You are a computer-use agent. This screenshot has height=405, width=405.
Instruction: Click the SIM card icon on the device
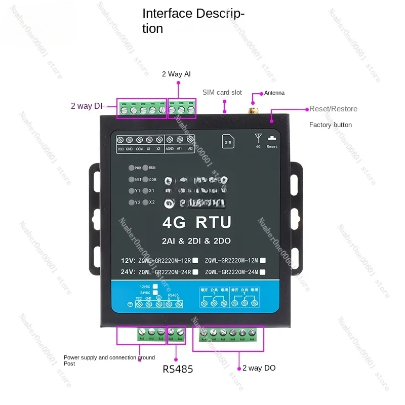[228, 142]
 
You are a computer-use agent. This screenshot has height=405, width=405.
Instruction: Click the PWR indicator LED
[131, 168]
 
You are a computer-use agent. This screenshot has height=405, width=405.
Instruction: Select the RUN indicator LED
[145, 168]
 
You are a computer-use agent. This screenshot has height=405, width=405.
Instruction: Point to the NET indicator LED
[131, 179]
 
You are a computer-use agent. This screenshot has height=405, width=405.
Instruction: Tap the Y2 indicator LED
[131, 202]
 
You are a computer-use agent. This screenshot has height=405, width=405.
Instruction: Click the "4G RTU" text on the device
[197, 222]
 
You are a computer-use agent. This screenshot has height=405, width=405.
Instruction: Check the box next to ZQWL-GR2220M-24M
[263, 272]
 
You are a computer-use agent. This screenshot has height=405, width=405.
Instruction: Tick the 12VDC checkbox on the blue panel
[155, 287]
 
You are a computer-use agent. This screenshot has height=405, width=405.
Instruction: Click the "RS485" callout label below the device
[178, 369]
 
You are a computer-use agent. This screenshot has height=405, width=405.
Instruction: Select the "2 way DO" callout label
[259, 368]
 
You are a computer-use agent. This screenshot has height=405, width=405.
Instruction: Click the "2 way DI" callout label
[87, 106]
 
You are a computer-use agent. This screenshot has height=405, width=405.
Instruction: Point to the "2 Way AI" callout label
[176, 74]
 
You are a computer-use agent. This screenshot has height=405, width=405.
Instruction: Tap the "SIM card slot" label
[222, 92]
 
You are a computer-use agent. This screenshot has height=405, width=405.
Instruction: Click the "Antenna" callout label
[274, 93]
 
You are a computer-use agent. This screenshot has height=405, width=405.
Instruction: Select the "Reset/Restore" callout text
[333, 109]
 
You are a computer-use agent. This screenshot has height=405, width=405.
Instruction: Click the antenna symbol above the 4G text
[258, 137]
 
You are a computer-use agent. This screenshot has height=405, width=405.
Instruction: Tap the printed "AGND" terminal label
[170, 149]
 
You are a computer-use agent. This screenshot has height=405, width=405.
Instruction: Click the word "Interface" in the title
[167, 13]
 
